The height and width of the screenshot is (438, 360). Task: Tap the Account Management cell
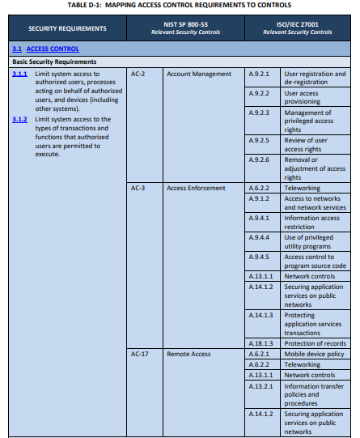[198, 74]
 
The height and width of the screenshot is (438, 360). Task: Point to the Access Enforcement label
[196, 188]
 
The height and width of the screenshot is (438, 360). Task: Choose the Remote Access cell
[188, 354]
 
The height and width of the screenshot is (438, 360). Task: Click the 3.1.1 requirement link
[20, 74]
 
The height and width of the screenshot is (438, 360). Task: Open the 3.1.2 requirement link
[20, 120]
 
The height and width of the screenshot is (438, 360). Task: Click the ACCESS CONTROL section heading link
[53, 49]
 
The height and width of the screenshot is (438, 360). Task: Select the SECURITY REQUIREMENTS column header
[67, 28]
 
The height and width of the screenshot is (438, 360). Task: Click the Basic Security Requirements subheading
[54, 62]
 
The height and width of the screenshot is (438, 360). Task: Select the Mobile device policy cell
[314, 354]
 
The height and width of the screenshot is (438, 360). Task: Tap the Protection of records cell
[315, 343]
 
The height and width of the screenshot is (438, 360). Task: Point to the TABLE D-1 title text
[180, 5]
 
